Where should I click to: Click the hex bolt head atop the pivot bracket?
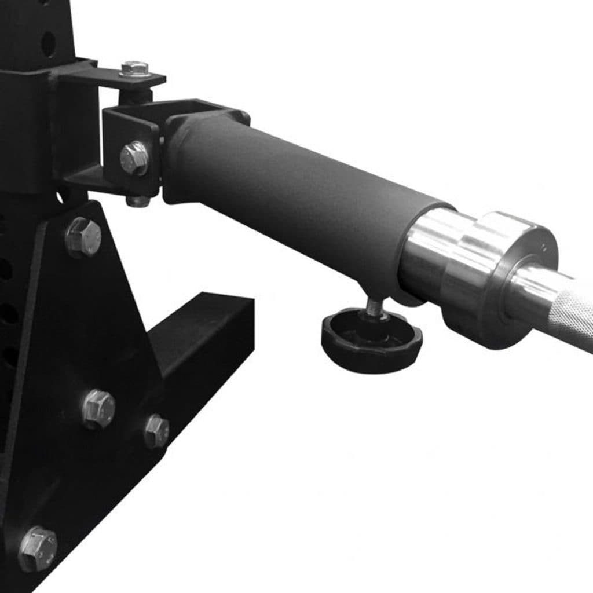[x=135, y=67]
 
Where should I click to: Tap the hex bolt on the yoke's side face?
[x=134, y=157]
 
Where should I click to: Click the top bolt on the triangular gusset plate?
[x=84, y=237]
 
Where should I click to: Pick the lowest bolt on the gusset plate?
[x=38, y=548]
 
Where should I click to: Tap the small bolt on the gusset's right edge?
[x=156, y=430]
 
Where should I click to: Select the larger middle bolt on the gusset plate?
[x=98, y=408]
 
